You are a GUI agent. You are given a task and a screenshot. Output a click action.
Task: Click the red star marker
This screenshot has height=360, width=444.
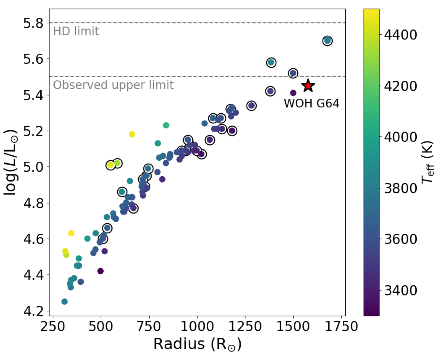coord(308,86)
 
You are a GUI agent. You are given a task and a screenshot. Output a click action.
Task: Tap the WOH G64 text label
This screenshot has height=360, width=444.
coord(311,103)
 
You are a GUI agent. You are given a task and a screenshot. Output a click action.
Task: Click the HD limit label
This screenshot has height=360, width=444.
coord(76,31)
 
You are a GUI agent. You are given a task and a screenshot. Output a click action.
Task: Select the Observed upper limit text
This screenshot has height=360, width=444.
coord(113,85)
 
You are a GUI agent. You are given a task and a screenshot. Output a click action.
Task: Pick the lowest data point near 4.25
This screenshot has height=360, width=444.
coord(64,301)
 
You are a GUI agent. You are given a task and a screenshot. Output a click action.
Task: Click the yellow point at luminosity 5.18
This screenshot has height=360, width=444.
coord(132,134)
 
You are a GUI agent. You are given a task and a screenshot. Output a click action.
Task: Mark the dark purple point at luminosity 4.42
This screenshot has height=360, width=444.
coord(100,271)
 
